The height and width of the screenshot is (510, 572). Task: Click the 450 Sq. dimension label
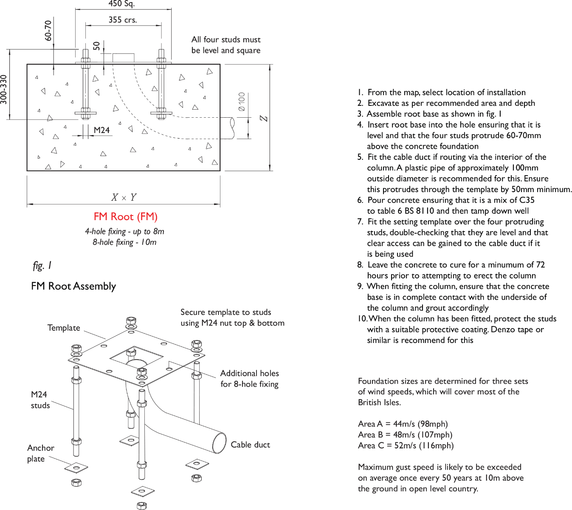121,4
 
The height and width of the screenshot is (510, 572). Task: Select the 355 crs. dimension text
123,20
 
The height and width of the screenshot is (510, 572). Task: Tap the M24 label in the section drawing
101,130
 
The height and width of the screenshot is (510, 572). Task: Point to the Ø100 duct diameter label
242,102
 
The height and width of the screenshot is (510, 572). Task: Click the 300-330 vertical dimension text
4,90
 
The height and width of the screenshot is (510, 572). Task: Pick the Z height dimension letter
264,118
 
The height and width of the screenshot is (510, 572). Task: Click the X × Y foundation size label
124,198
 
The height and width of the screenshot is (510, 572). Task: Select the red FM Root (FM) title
126,217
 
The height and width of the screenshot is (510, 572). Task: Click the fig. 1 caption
42,266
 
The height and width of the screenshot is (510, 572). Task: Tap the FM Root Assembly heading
73,286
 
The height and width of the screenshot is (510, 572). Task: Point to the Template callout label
64,328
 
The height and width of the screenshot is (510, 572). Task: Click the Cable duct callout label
250,445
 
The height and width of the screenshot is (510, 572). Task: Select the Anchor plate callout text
41,453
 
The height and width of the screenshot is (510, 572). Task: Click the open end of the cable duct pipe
219,443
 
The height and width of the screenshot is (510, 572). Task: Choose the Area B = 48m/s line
405,435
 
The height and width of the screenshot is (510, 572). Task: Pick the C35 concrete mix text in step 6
527,200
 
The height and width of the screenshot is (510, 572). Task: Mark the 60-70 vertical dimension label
48,31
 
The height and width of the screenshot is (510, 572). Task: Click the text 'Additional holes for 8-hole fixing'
250,379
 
